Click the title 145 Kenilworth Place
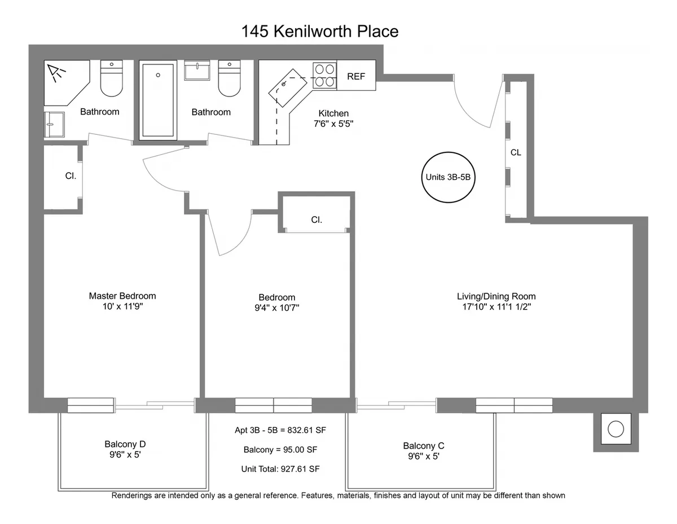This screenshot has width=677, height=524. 320,32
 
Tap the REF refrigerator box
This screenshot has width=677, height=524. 356,77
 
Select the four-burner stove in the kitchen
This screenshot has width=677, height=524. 324,76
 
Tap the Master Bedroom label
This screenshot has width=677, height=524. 122,296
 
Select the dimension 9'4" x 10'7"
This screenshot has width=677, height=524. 276,308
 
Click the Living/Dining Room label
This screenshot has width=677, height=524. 496,297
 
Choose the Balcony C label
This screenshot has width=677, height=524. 424,446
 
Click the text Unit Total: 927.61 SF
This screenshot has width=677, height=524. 281,469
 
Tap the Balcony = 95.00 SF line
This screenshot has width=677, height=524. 281,450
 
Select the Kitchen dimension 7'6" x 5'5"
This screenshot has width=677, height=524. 333,124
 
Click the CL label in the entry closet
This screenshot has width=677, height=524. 516,153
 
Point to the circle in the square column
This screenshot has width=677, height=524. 616,429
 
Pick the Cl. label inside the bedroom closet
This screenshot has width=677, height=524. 316,220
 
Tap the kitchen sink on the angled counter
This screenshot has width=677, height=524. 293,85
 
